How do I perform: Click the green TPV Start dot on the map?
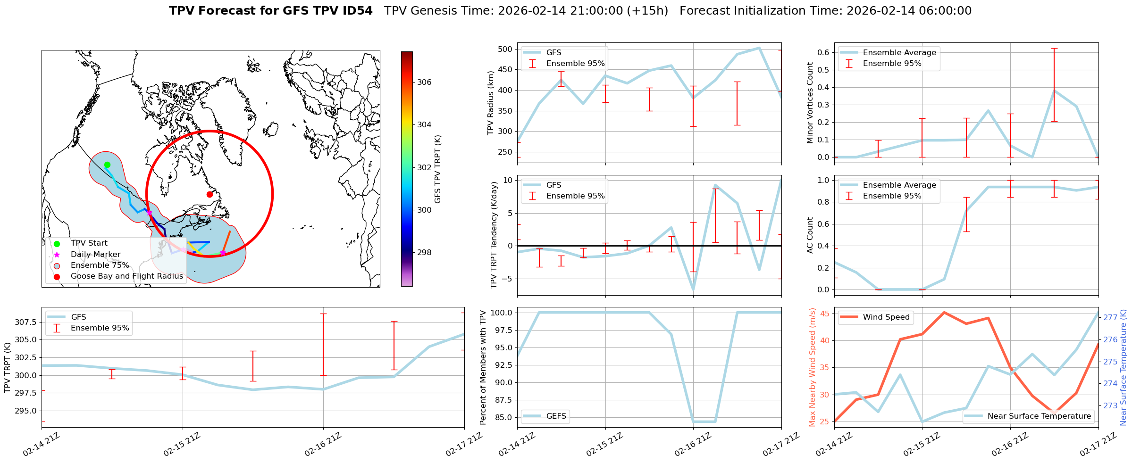coord(107,165)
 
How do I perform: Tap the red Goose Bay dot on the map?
coord(210,194)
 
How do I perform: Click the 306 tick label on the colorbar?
coord(424,82)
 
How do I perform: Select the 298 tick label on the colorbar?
coord(424,252)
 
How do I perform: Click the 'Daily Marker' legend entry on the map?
coord(95,254)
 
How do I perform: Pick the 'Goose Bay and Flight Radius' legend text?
coord(126,276)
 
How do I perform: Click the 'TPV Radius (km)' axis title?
coord(491,103)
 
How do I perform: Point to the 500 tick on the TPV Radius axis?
coord(505,49)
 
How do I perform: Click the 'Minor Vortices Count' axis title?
coord(810,103)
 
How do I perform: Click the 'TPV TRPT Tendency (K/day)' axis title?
coord(494,235)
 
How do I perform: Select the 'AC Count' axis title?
coord(810,235)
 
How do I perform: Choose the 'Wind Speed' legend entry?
coord(886,317)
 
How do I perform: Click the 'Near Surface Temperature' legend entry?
coord(1039,416)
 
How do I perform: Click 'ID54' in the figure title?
coord(356,11)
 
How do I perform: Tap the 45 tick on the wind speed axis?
coord(825,314)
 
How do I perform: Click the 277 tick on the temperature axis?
coord(1110,317)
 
